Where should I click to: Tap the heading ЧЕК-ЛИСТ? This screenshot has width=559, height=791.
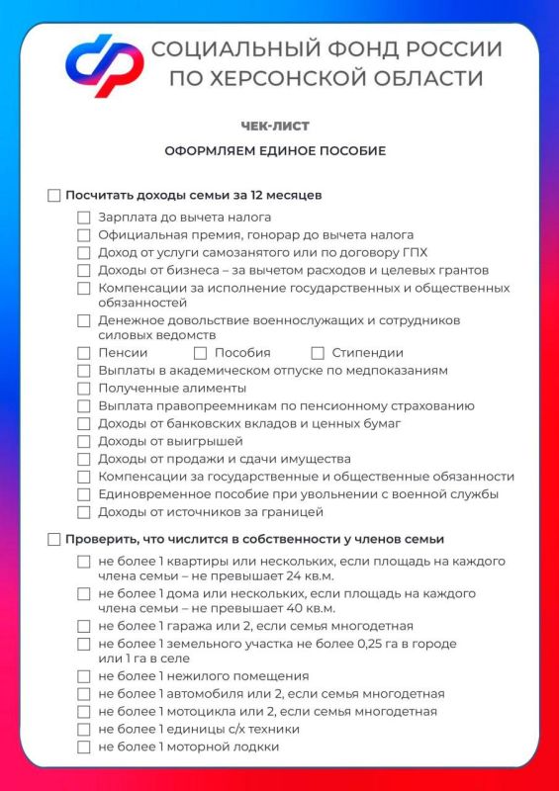[274, 126]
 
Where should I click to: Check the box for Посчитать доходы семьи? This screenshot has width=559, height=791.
[54, 196]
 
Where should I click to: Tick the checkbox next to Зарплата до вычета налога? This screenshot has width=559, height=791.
[84, 218]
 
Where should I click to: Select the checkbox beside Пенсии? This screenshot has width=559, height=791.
[84, 353]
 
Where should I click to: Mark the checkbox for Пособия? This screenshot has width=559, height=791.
[201, 353]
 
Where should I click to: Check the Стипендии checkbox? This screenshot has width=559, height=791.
[319, 353]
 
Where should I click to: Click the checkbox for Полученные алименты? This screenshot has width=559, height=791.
[84, 389]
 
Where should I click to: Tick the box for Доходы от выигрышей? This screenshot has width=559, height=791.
[84, 442]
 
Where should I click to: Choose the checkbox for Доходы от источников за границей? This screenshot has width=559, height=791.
[84, 513]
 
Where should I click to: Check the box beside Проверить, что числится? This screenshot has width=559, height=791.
[54, 540]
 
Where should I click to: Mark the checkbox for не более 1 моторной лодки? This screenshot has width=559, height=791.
[84, 747]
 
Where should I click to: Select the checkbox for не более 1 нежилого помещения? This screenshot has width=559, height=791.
[84, 676]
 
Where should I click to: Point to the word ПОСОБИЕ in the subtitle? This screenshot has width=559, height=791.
[351, 151]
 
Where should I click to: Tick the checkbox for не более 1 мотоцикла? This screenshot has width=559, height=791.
[84, 712]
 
